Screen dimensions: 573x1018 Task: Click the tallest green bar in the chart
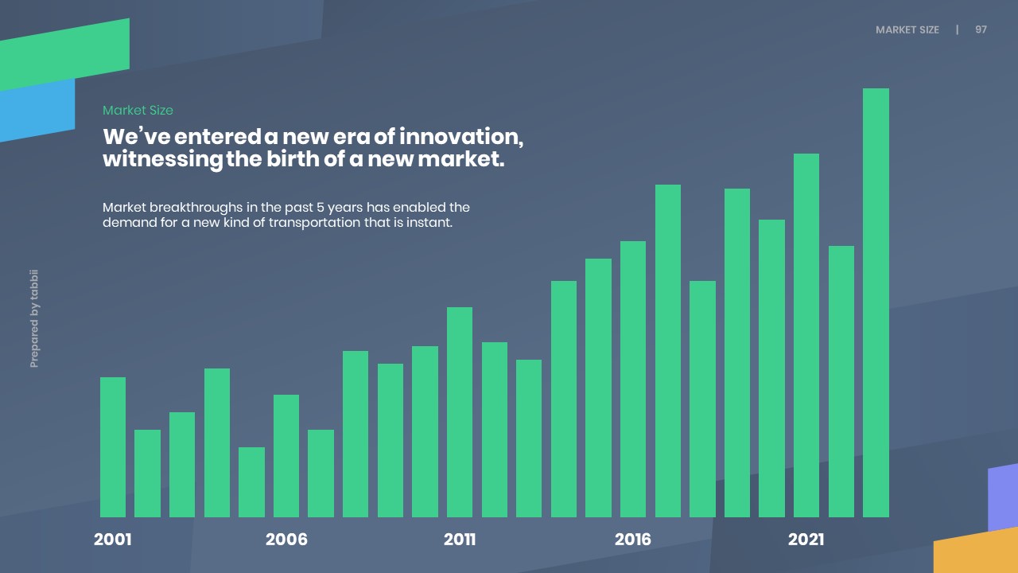pos(876,302)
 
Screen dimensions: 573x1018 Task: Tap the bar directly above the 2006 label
pos(286,456)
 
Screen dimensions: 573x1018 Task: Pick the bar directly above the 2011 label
pos(460,412)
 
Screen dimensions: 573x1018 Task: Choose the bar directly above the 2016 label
pos(633,379)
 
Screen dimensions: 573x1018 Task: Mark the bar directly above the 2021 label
pos(806,335)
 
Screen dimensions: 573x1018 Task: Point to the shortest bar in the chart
pos(251,482)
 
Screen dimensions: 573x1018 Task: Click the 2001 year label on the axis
pos(113,540)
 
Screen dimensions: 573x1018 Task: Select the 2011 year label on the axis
pos(460,540)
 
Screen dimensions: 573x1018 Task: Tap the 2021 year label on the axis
pos(806,540)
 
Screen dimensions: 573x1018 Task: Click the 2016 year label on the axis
pos(633,540)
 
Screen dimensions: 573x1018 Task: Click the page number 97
pos(981,29)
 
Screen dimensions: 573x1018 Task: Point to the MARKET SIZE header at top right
pos(907,29)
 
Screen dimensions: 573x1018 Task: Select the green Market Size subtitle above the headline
pos(138,111)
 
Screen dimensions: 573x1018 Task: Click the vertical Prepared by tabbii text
pos(34,319)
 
